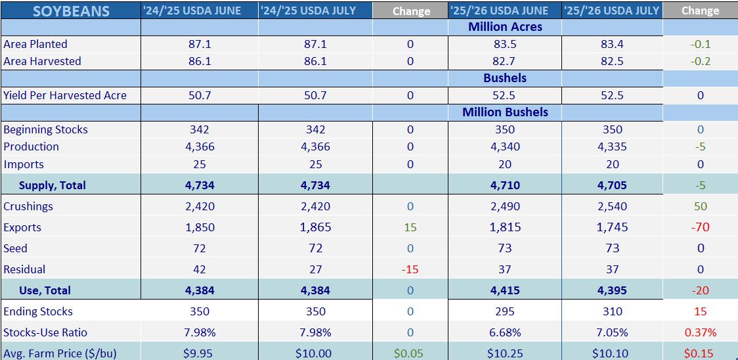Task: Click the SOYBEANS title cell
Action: pyautogui.click(x=71, y=11)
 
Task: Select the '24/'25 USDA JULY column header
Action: pyautogui.click(x=315, y=11)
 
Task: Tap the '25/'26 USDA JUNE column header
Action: pyautogui.click(x=505, y=11)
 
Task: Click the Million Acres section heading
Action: pyautogui.click(x=505, y=27)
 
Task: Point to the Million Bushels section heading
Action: pyautogui.click(x=505, y=112)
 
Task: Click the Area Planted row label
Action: pyautogui.click(x=35, y=44)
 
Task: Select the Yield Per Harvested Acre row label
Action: pyautogui.click(x=65, y=96)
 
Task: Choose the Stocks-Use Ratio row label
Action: pyautogui.click(x=45, y=332)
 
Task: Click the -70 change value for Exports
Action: pyautogui.click(x=700, y=227)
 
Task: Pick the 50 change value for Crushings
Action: pyautogui.click(x=700, y=206)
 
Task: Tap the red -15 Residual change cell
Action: pyautogui.click(x=410, y=269)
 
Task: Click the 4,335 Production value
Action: pyautogui.click(x=612, y=147)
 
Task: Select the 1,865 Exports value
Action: pyautogui.click(x=315, y=227)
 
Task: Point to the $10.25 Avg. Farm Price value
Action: pyautogui.click(x=505, y=353)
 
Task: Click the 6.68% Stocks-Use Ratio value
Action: pyautogui.click(x=505, y=332)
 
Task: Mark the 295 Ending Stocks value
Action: pyautogui.click(x=505, y=311)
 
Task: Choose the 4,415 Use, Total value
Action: pyautogui.click(x=505, y=290)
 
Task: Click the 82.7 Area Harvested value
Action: pyautogui.click(x=505, y=61)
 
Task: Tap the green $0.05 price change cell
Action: pyautogui.click(x=410, y=353)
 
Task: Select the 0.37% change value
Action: pyautogui.click(x=701, y=332)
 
